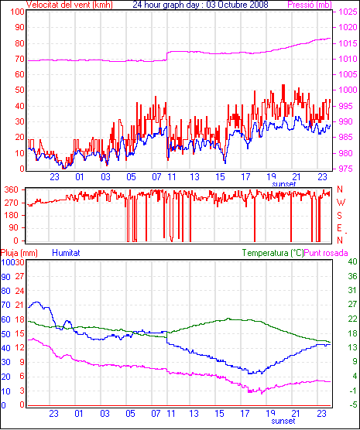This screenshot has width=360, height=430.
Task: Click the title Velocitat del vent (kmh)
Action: pyautogui.click(x=70, y=5)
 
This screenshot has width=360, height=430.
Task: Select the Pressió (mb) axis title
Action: pyautogui.click(x=310, y=5)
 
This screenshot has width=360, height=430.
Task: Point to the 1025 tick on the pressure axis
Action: pyautogui.click(x=348, y=12)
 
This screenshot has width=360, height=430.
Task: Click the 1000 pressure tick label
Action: pyautogui.click(x=348, y=90)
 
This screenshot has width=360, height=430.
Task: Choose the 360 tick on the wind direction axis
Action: pyautogui.click(x=12, y=189)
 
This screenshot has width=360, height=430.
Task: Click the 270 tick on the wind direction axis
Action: pyautogui.click(x=12, y=203)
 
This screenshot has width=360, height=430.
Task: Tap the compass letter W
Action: pyautogui.click(x=341, y=203)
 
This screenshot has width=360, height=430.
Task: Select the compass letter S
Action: pyautogui.click(x=340, y=216)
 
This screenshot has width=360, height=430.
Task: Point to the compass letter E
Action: pyautogui.click(x=339, y=228)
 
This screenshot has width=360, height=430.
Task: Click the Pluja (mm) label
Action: pyautogui.click(x=19, y=253)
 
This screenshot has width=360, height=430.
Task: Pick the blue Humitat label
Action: pyautogui.click(x=66, y=253)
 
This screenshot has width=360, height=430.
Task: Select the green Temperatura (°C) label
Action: pyautogui.click(x=273, y=253)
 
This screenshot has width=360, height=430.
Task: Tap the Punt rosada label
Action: pyautogui.click(x=326, y=253)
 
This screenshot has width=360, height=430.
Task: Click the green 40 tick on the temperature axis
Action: pyautogui.click(x=352, y=261)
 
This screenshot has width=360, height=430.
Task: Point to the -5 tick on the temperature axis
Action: pyautogui.click(x=353, y=404)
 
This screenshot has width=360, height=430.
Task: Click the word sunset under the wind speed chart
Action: pyautogui.click(x=283, y=184)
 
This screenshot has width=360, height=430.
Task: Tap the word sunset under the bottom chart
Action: pyautogui.click(x=283, y=421)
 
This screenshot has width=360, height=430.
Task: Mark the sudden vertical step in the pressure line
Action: pyautogui.click(x=167, y=56)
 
